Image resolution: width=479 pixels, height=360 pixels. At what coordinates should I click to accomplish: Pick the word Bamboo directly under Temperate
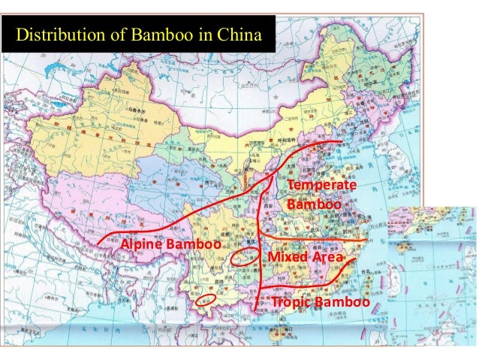[314, 204]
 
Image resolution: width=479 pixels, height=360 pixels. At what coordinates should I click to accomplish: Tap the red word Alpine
[140, 245]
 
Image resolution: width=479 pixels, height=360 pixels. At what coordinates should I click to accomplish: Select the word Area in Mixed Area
[327, 259]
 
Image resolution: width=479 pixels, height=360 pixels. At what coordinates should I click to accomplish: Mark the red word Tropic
[293, 302]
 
